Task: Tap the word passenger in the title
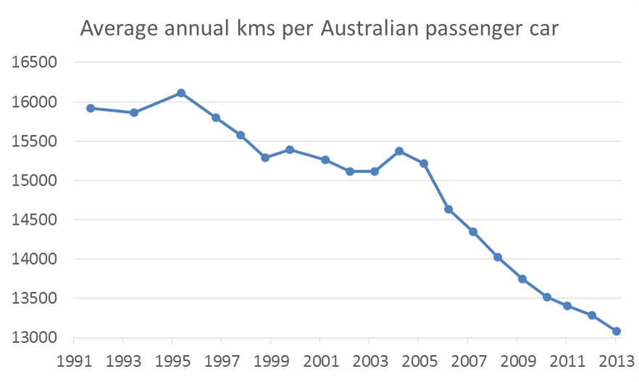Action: pos(485,30)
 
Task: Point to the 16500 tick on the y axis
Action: pos(35,62)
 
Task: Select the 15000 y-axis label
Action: pos(35,180)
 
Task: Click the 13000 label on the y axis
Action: pos(35,338)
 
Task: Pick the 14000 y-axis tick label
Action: pos(35,259)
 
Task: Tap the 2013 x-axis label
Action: pos(614,361)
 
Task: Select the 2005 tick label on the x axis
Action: pos(418,361)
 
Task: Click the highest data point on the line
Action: pos(181,93)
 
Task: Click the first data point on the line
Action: pos(91,108)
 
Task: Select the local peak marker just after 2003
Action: pos(399,151)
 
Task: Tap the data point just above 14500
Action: pos(448,209)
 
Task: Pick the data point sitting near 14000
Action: pos(498,257)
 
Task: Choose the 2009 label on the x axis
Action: pos(517,361)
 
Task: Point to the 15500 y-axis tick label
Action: pos(35,141)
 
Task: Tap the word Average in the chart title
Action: pos(119,30)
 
